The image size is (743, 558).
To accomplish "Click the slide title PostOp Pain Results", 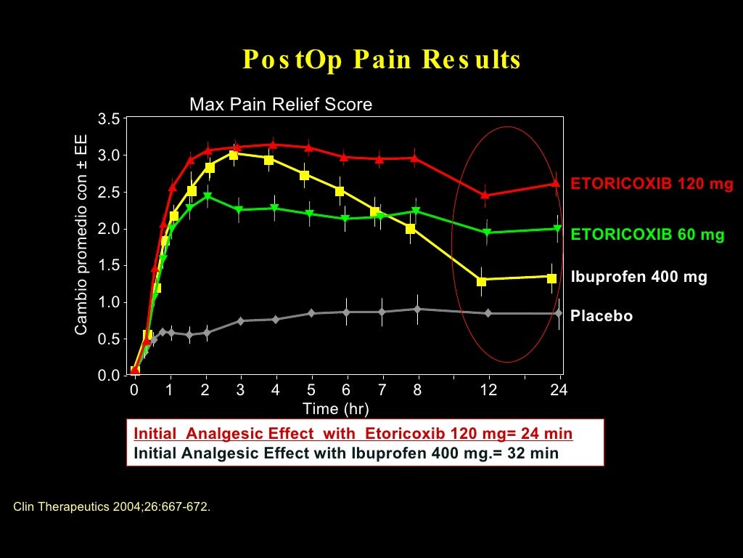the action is (382, 60).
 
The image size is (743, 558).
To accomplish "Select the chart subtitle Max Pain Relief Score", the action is (281, 105).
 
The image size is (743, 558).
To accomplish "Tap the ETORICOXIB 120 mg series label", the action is (652, 184).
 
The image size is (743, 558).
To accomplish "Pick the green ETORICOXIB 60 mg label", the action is (647, 235).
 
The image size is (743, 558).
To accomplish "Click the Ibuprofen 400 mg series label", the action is (639, 277).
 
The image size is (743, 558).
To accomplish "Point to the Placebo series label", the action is (602, 316).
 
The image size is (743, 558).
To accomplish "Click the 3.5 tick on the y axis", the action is (109, 119).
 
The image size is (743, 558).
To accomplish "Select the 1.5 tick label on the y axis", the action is (109, 265).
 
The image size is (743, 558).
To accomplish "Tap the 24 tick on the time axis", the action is (559, 390).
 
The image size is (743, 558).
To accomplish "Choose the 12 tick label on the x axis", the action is (488, 390).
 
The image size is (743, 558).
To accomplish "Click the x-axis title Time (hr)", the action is (335, 409).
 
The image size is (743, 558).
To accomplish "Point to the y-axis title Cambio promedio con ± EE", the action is (81, 235).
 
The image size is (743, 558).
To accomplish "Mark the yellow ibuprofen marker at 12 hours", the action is (482, 281).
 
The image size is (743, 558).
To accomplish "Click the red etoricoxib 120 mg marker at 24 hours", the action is (557, 184).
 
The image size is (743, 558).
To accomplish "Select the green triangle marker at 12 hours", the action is (487, 232).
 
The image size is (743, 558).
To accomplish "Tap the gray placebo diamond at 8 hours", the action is (417, 310).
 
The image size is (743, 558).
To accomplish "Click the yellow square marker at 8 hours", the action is (411, 229).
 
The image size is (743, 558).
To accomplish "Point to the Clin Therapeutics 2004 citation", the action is (112, 506).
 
